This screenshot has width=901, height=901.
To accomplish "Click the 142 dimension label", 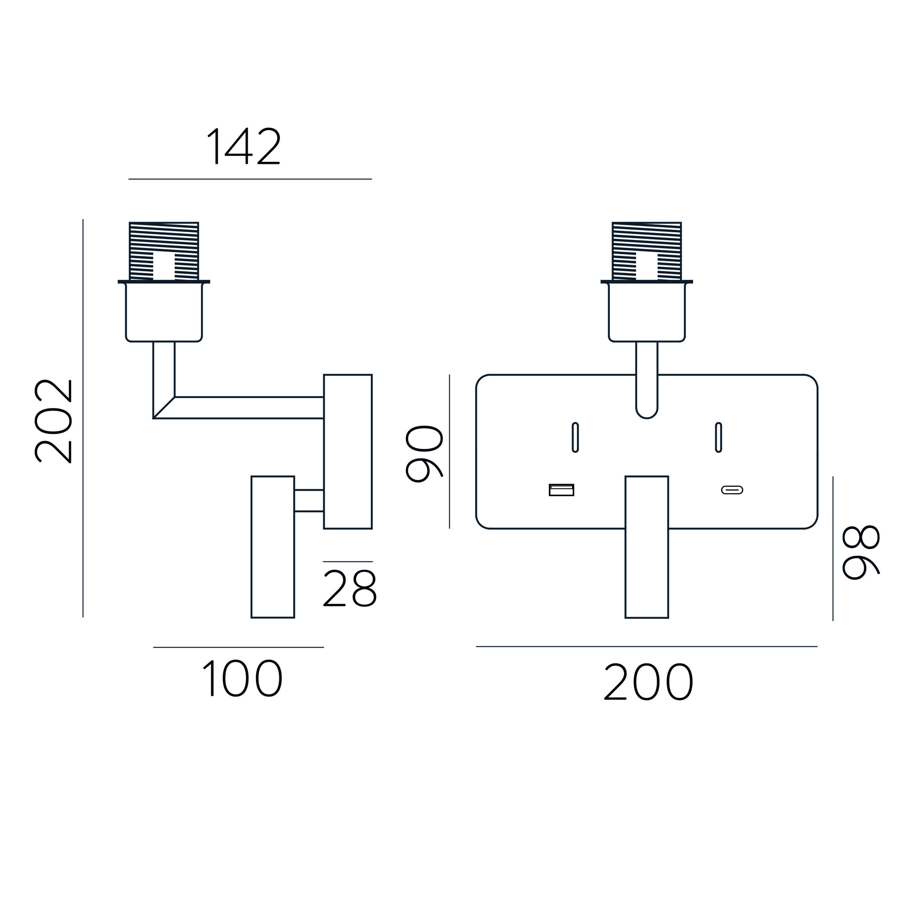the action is click(x=244, y=146).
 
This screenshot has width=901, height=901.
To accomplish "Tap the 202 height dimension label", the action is click(x=53, y=421).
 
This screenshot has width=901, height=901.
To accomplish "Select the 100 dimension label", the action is click(x=242, y=679).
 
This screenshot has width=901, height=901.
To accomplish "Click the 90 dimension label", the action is click(x=424, y=454).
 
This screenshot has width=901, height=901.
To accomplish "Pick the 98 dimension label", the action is click(x=861, y=553).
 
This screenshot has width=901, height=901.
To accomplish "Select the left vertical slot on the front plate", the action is click(x=575, y=437).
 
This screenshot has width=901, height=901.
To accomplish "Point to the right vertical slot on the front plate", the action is click(x=719, y=437).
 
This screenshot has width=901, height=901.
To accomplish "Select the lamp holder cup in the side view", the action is click(x=164, y=311).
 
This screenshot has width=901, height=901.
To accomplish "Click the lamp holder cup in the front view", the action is click(x=647, y=311).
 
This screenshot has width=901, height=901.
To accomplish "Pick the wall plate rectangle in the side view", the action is click(x=348, y=452).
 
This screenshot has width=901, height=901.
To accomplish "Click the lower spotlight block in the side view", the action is click(x=273, y=547).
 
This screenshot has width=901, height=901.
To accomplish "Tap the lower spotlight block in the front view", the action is click(x=647, y=547).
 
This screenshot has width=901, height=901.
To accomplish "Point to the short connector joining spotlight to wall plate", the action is click(x=309, y=501).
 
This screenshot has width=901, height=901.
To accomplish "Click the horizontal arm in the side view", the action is click(x=239, y=408).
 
